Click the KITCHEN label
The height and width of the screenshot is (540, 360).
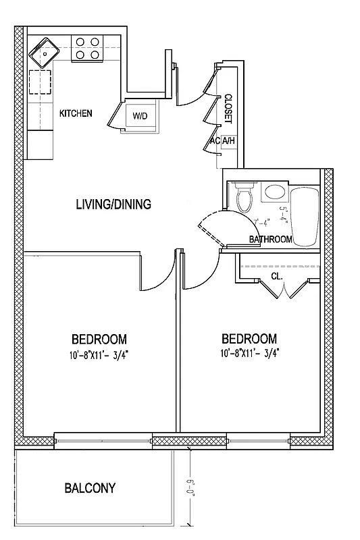click(76, 113)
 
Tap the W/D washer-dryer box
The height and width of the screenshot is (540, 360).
click(140, 116)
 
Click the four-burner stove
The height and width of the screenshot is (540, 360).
click(88, 48)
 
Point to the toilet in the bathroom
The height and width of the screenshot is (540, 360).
click(245, 196)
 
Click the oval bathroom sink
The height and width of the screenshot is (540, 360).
click(274, 192)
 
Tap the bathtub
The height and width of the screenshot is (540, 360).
click(306, 216)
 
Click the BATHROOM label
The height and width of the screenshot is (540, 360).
click(270, 240)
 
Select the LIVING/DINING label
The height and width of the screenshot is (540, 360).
click(113, 205)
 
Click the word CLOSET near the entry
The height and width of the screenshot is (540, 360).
click(228, 108)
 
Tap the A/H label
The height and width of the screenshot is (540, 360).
click(228, 141)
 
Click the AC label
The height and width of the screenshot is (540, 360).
click(214, 141)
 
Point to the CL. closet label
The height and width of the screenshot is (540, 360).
click(277, 276)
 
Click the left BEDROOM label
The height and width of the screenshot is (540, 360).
click(99, 339)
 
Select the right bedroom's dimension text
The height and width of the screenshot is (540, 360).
click(249, 353)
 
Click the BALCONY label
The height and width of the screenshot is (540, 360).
click(90, 487)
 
